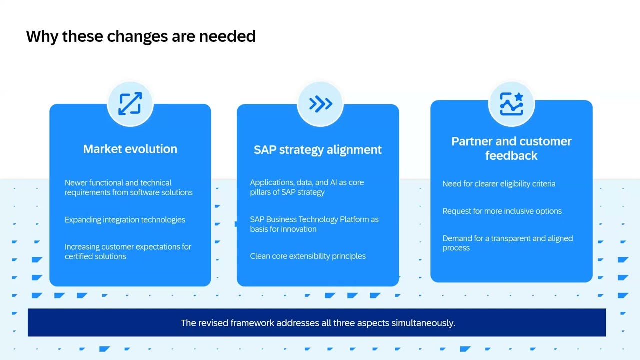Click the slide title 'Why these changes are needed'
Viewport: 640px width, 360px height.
[x=141, y=36]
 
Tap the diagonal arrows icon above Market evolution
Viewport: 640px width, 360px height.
[x=130, y=104]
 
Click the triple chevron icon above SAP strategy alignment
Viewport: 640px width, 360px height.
[x=320, y=104]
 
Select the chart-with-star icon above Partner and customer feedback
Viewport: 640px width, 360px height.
[x=511, y=104]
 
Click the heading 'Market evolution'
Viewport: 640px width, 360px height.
[x=130, y=149]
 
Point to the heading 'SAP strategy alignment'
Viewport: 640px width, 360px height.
[x=317, y=150]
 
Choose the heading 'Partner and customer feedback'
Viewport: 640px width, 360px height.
[x=511, y=148]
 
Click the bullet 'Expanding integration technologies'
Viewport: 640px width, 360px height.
[x=125, y=220]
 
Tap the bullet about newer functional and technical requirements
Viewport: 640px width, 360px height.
[x=128, y=187]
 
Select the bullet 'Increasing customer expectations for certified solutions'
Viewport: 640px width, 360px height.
[x=128, y=251]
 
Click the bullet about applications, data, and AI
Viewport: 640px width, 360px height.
[x=307, y=187]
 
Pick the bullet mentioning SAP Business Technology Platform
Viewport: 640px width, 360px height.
[x=314, y=224]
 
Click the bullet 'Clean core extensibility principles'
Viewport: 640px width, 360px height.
[x=308, y=256]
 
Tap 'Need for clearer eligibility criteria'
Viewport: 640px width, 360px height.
[x=498, y=184]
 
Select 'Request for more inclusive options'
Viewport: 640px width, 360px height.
[x=502, y=211]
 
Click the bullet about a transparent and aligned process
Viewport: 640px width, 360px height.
[x=507, y=243]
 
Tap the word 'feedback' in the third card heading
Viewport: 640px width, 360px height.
[x=511, y=156]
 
